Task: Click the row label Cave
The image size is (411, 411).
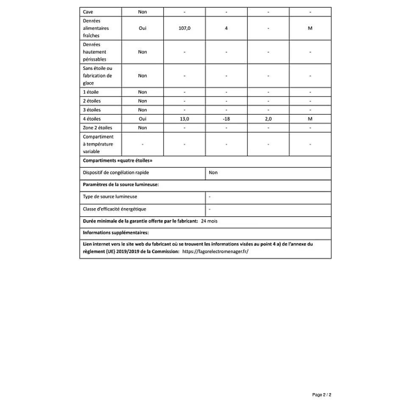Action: point(88,12)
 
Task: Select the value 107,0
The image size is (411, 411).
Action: point(185,28)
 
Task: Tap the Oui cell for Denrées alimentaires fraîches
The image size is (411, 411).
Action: point(142,28)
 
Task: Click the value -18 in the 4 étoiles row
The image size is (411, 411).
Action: point(226,119)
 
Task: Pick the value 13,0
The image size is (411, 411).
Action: point(185,119)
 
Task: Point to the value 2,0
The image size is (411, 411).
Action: point(268,119)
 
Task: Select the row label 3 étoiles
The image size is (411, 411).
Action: point(92,110)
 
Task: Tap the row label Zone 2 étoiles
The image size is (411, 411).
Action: point(97,128)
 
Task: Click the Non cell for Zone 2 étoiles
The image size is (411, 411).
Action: point(142,128)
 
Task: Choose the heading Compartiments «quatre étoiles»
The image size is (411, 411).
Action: point(117,161)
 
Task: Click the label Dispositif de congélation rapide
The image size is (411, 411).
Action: point(116,173)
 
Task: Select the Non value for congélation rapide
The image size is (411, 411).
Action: point(213,173)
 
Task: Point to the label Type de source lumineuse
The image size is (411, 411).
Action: point(110,197)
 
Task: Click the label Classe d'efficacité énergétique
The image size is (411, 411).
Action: point(114,209)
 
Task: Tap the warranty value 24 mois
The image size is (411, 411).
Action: point(209,221)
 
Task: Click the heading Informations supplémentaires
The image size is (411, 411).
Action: point(116,233)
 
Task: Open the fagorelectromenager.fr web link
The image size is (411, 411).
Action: point(215,251)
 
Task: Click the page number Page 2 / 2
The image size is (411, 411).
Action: point(322,395)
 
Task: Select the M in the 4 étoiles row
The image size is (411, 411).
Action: point(310,119)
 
